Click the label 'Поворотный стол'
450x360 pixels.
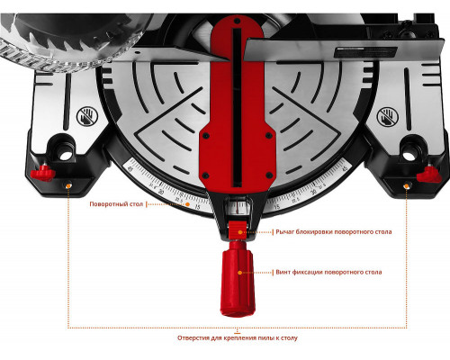[x=116, y=204]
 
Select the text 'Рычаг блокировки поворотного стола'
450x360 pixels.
[x=334, y=232]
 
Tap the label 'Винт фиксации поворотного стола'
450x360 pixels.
[x=328, y=273]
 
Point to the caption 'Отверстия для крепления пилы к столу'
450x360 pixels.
[x=238, y=338]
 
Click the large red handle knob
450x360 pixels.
[x=238, y=278]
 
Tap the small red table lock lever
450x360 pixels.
[x=238, y=230]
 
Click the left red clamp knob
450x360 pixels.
[x=43, y=174]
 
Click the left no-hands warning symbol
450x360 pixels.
[x=86, y=116]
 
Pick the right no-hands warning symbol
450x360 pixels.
[x=388, y=116]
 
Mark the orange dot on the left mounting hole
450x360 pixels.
[x=68, y=185]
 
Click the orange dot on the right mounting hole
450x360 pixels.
[x=407, y=186]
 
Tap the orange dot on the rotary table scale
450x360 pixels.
[x=187, y=204]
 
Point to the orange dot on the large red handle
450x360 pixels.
[x=239, y=273]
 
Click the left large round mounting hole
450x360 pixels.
[x=66, y=155]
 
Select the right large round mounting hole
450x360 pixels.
[x=408, y=156]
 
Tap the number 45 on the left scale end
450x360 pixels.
[x=130, y=169]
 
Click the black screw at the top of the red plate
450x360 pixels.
[x=237, y=22]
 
